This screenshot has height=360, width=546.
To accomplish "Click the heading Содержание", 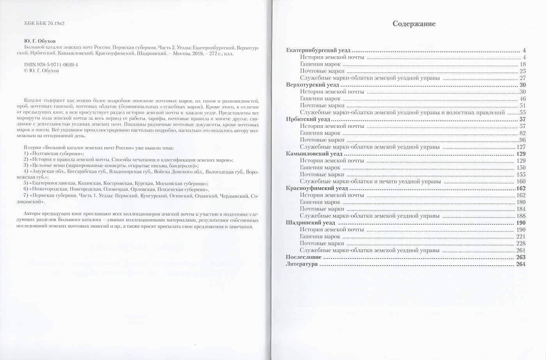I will coord(414,24).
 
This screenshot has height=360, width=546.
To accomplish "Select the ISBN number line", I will coord(51,64).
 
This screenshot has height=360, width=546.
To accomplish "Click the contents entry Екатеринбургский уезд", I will coord(318,50).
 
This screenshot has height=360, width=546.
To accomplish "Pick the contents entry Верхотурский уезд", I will coord(312,85).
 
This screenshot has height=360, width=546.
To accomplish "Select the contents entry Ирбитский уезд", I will coord(308,119).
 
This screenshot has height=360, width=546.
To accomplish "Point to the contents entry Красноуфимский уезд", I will coord(317,188).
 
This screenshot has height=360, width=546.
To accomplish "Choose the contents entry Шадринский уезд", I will coord(310,223).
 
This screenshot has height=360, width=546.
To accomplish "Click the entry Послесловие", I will coord(303,257).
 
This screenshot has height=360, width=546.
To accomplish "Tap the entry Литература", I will coord(301,264).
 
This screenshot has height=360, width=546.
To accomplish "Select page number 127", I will coord(521,147).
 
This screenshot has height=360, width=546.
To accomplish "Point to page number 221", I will coord(521,236).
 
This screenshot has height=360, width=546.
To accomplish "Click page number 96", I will coord(522,140).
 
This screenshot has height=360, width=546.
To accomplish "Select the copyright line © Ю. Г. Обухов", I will coord(41,71).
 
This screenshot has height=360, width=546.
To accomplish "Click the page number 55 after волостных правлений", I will coord(523,112).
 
